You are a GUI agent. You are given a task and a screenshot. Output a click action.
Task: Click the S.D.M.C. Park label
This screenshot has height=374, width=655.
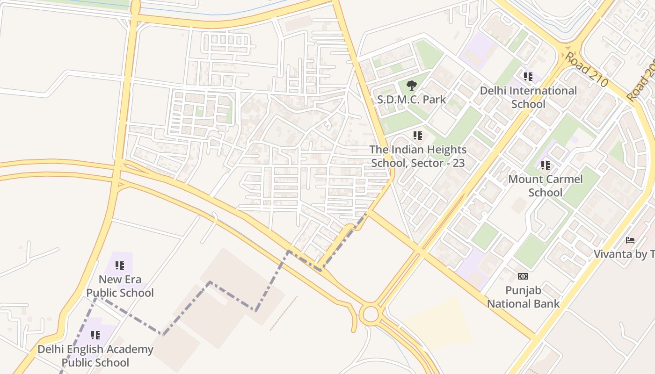411,100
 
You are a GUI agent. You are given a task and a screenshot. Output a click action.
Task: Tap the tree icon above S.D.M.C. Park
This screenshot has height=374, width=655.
411,85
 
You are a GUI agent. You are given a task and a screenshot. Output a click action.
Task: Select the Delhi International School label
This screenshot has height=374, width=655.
528,97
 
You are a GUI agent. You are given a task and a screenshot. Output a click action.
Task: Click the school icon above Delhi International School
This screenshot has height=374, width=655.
528,76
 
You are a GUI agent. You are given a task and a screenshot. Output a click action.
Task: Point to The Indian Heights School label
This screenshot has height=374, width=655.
418,156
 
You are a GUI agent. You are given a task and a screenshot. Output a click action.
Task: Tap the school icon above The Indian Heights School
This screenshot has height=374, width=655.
418,136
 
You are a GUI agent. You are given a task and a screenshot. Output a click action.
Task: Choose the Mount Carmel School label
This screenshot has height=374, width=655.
545,186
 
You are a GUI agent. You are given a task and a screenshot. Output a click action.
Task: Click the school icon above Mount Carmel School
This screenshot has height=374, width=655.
545,165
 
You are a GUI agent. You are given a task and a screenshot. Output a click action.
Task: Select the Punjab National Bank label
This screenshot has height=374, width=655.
523,297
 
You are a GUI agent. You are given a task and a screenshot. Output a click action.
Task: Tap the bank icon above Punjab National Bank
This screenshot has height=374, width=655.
523,276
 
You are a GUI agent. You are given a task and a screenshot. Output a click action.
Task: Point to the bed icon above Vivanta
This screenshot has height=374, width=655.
630,240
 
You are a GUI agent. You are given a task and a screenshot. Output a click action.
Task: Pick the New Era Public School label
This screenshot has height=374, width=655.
120,286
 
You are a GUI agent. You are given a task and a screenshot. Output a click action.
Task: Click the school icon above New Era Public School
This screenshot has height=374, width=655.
120,266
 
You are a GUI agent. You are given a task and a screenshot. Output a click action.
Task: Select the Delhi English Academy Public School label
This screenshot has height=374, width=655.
95,356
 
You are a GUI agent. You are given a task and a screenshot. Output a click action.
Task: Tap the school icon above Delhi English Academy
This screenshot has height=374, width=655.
95,335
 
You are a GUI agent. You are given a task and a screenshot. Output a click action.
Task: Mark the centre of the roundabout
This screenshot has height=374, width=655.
370,314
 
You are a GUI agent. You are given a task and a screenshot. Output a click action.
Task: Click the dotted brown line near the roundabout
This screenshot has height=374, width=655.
284,313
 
